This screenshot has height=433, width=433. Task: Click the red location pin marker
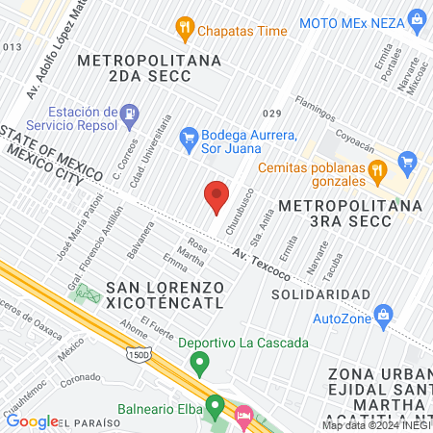216,197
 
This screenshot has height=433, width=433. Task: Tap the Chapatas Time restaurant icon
184,31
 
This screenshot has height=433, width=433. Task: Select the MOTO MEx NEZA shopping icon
417,19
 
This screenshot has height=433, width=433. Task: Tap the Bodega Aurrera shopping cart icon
190,141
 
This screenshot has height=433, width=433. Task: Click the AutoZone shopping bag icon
384,315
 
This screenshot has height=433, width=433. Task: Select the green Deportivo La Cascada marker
200,364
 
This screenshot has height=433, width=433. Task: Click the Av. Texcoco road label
263,260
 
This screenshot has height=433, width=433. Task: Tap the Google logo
32,420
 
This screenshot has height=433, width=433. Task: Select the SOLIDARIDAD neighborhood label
320,293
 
